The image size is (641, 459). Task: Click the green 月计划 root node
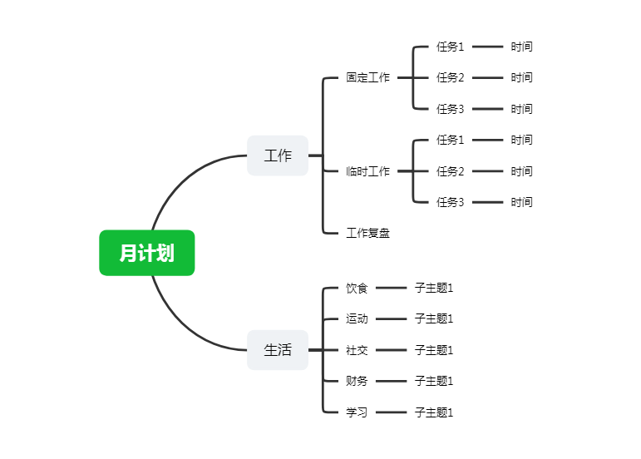[147, 253]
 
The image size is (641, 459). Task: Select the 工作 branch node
[278, 155]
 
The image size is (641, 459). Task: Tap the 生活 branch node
[278, 350]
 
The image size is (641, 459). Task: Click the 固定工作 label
[368, 77]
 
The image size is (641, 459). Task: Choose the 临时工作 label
[368, 170]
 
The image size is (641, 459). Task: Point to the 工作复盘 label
[368, 233]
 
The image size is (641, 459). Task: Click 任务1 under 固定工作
[450, 47]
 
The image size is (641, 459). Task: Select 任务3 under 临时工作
[450, 202]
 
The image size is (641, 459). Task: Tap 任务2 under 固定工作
[450, 77]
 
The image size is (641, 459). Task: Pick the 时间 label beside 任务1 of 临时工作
[521, 140]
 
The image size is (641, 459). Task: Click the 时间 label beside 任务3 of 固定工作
[521, 109]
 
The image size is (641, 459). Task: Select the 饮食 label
[357, 289]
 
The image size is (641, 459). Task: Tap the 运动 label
[357, 318]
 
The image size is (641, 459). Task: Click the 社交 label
[357, 350]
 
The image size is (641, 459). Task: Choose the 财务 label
[357, 381]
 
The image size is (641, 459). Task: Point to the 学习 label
[357, 412]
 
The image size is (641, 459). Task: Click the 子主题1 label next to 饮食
[434, 289]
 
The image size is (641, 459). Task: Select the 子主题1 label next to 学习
[434, 412]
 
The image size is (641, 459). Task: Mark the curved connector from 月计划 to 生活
[184, 327]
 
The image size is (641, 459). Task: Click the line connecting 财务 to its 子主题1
[392, 381]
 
